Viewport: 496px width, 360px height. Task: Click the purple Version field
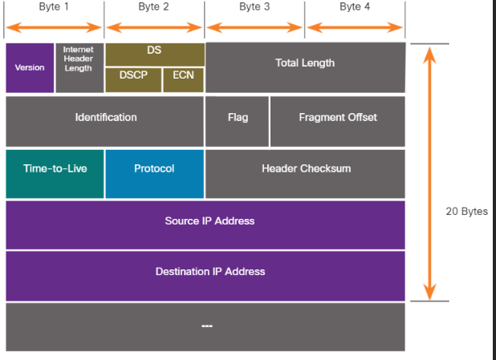pos(30,67)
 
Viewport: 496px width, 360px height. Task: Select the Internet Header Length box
pos(79,59)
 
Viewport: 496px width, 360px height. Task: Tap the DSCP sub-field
pos(133,79)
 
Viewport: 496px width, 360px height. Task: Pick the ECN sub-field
pos(184,79)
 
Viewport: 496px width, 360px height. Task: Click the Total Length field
pos(305,63)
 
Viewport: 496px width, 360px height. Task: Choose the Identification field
pos(106,117)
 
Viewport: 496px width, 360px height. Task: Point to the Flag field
pos(238,117)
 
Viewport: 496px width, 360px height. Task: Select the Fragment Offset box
pos(338,117)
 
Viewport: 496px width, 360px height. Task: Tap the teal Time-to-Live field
pos(55,169)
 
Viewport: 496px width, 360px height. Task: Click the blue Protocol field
pos(154,169)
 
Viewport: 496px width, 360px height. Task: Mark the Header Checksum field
pos(306,169)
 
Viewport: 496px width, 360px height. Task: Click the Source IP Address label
pos(209,221)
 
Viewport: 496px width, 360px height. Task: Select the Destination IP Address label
pos(209,272)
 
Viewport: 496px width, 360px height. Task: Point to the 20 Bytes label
pos(466,212)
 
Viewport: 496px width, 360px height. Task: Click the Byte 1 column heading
pos(54,6)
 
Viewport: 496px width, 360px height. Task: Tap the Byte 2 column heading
pos(153,6)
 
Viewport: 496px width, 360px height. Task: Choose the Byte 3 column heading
pos(254,6)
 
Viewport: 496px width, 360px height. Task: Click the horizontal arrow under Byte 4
pos(354,26)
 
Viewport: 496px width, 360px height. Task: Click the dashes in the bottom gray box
pos(206,326)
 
